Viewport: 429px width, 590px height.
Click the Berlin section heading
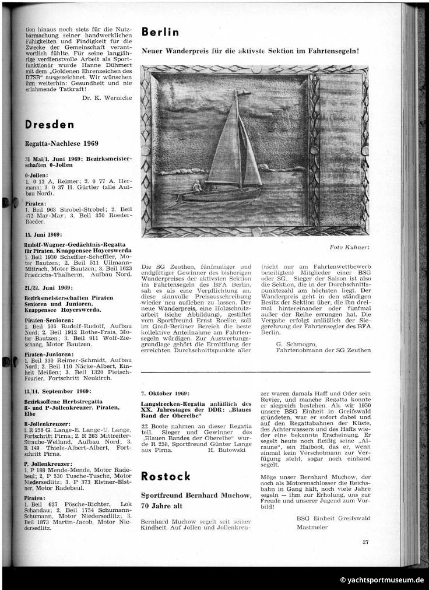click(160, 33)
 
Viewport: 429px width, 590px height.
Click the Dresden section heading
click(50, 125)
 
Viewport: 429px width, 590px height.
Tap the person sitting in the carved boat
click(198, 187)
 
